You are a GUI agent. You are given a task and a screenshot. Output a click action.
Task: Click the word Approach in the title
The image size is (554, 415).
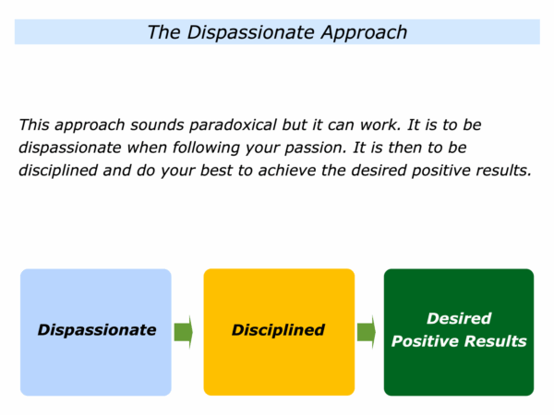364,33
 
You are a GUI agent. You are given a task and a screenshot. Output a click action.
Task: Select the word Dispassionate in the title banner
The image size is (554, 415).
250,32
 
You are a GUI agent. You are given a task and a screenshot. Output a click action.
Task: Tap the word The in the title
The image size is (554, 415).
163,32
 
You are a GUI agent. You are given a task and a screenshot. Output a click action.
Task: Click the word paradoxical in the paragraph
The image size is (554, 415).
233,125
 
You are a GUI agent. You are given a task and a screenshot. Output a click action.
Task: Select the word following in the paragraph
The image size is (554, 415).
206,148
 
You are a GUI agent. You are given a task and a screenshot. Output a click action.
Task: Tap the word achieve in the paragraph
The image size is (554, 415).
287,171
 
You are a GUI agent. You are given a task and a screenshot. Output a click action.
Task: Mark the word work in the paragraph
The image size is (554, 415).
379,125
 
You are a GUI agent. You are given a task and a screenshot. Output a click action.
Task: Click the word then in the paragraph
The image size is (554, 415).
404,148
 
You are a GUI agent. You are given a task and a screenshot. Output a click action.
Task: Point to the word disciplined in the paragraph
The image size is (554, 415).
57,171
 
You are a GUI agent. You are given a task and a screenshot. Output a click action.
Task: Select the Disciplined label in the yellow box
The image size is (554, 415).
278,330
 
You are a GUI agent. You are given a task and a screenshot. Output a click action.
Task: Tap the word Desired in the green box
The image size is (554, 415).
459,319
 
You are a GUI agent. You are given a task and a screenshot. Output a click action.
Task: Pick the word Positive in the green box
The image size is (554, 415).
425,341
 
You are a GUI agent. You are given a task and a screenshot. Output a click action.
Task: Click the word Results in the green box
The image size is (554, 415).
495,341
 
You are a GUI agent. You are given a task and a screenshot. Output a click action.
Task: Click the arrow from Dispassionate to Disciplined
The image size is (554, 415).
184,332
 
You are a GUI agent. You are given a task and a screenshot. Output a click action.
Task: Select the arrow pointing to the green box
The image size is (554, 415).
367,332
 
